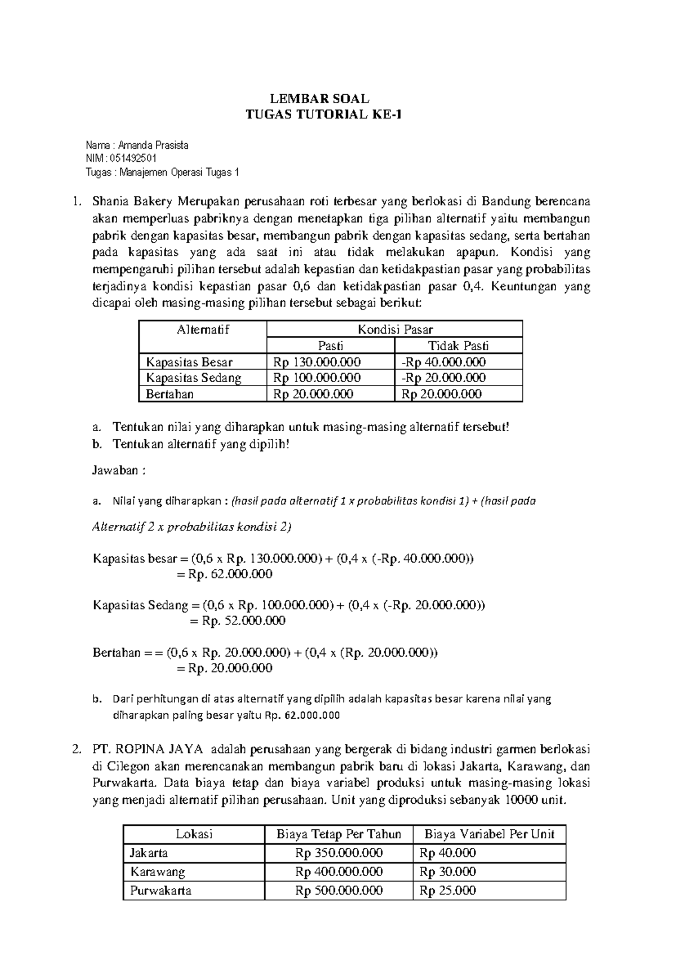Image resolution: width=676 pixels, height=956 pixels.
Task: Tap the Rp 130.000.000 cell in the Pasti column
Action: (317, 362)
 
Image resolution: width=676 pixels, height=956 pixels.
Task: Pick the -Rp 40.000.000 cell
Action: (443, 362)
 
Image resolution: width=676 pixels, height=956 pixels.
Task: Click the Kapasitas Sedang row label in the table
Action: (193, 378)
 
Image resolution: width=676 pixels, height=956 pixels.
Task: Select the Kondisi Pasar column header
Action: (394, 330)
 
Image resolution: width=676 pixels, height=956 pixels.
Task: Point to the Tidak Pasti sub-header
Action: (458, 346)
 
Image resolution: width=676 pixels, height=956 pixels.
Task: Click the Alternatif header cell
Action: (203, 330)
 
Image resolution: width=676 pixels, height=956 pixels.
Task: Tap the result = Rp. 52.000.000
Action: (236, 621)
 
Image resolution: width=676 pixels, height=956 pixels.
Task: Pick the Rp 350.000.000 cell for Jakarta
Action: (339, 853)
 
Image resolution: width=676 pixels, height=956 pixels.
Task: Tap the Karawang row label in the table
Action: (158, 872)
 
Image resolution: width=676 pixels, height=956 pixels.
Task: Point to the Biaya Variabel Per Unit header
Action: (489, 834)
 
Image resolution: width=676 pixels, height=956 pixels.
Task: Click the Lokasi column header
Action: (194, 834)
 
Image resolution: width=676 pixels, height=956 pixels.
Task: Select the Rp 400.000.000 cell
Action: (339, 872)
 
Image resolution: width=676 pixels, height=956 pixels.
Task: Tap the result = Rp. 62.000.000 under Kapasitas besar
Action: (224, 574)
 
